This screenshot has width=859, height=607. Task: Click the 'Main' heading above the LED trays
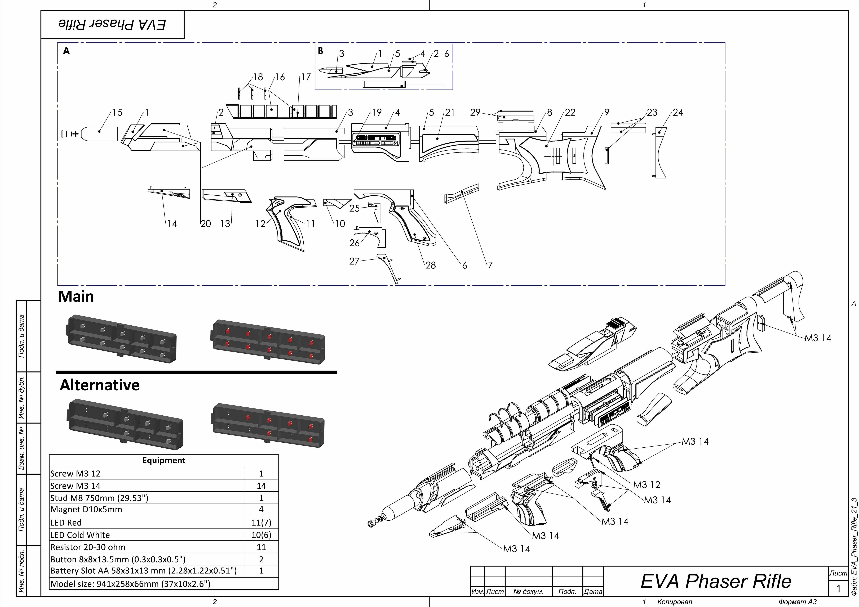(76, 297)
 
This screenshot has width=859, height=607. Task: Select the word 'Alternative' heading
(100, 385)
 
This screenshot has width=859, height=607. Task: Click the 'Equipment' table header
(163, 460)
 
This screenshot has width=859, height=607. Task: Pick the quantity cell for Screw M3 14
(261, 486)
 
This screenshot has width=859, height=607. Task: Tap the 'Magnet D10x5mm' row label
(86, 509)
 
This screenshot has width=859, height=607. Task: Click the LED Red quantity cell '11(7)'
(261, 523)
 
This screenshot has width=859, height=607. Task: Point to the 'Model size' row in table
(130, 584)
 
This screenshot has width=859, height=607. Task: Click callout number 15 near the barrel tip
(117, 113)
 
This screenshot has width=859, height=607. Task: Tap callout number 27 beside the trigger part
(354, 261)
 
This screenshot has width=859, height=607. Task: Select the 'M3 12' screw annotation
(647, 485)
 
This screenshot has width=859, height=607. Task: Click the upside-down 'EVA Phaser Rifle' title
(112, 24)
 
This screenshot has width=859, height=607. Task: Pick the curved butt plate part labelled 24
(661, 153)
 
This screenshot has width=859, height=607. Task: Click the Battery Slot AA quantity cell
(261, 571)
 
